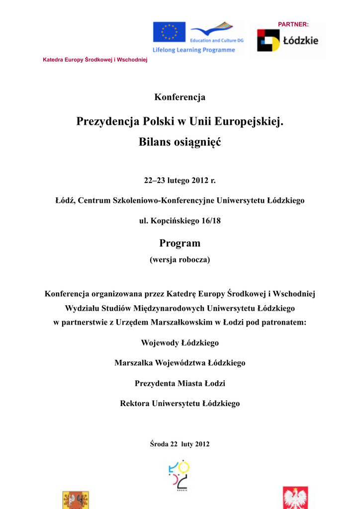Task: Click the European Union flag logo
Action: pos(169,32)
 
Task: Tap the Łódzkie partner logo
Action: pos(287,41)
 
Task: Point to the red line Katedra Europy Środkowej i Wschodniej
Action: pos(95,60)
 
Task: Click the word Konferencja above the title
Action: pos(180,97)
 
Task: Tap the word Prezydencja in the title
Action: pos(108,121)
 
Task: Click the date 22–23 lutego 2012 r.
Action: pos(180,180)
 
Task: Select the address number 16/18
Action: pos(209,221)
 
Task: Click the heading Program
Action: pos(180,243)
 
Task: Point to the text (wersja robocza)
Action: pos(180,259)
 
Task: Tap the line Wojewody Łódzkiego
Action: pos(180,343)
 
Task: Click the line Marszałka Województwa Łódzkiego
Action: pos(180,363)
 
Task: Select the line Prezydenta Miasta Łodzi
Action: pos(180,383)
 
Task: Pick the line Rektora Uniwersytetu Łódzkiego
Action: pos(180,404)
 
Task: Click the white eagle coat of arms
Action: pos(295,498)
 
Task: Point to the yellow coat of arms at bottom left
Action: pos(76,500)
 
